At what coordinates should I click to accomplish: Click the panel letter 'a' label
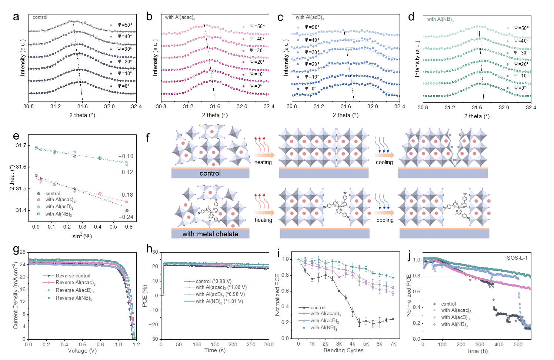[x=16, y=17]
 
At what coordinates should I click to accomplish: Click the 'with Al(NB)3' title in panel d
[x=440, y=19]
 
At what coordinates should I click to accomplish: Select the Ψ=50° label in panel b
[x=257, y=27]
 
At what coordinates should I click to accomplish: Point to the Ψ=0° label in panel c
[x=310, y=89]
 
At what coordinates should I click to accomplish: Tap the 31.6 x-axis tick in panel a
[x=82, y=107]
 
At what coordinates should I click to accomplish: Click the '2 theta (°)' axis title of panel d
[x=477, y=116]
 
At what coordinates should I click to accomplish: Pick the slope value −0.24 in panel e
[x=126, y=217]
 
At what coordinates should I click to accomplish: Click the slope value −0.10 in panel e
[x=126, y=156]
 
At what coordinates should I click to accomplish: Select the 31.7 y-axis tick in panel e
[x=21, y=145]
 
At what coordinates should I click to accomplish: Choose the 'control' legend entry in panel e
[x=53, y=194]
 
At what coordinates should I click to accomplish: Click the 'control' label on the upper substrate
[x=210, y=173]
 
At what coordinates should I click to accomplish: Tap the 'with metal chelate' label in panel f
[x=210, y=234]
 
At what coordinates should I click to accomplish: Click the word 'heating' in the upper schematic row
[x=263, y=162]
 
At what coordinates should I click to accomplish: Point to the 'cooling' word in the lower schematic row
[x=385, y=220]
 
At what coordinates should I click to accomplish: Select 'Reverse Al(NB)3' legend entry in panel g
[x=74, y=298]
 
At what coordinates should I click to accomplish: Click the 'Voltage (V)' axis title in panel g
[x=82, y=351]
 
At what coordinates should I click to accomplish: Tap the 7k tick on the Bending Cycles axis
[x=393, y=344]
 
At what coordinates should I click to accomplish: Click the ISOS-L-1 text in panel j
[x=516, y=258]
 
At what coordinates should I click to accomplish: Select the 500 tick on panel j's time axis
[x=518, y=344]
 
